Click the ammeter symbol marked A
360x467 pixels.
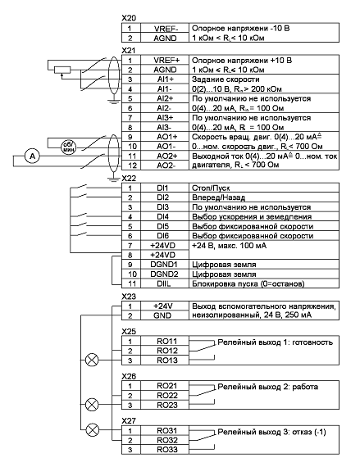click(x=32, y=156)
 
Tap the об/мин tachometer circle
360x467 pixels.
click(x=69, y=147)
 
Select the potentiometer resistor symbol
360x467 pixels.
click(x=62, y=70)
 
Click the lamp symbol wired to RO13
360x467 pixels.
click(x=92, y=360)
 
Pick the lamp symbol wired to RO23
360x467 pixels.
click(x=92, y=405)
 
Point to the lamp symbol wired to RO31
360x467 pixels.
click(x=93, y=430)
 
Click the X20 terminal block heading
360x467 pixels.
click(x=129, y=18)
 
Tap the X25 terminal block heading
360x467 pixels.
click(x=129, y=332)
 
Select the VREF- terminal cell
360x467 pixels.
click(x=165, y=29)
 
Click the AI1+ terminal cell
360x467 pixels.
click(x=165, y=79)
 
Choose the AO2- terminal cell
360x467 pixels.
click(x=165, y=165)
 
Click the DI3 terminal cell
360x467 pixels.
click(x=165, y=207)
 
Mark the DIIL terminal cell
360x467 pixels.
click(x=165, y=283)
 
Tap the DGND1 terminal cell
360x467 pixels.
click(x=165, y=265)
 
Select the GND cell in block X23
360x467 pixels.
click(x=165, y=315)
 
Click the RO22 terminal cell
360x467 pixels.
click(x=165, y=396)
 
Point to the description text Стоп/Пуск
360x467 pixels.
click(x=211, y=188)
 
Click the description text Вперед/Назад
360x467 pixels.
click(x=218, y=197)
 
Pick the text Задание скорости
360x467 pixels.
click(x=226, y=79)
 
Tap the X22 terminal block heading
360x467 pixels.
click(x=129, y=178)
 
